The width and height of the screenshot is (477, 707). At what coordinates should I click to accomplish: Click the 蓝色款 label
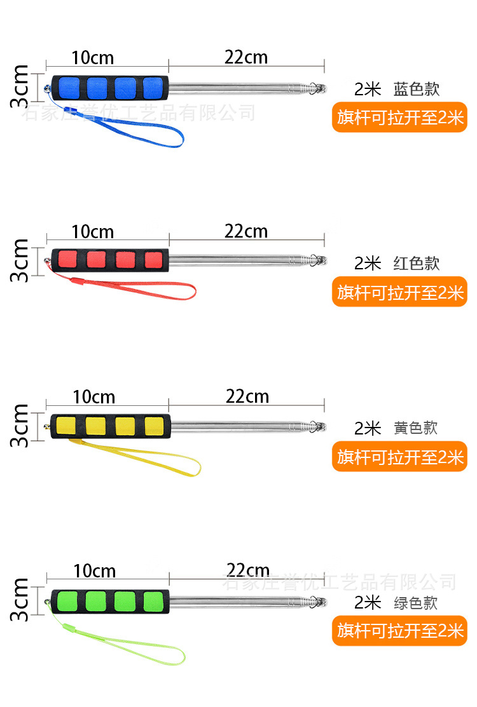point(417,89)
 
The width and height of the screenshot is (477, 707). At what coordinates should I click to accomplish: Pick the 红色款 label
point(417,263)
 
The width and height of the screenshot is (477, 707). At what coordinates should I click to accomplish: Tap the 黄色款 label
point(416,428)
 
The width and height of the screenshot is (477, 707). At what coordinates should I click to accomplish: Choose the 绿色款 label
point(416,602)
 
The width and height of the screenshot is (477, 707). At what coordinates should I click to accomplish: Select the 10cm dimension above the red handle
point(93,231)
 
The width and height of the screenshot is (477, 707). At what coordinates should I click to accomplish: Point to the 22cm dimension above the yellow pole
point(247,397)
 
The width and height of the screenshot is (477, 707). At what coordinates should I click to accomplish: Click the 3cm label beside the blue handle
point(20,87)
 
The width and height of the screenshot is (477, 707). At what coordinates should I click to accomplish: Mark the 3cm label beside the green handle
point(20,600)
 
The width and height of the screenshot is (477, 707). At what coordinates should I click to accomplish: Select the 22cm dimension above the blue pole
point(246,58)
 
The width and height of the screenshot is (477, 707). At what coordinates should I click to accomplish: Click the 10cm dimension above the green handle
point(94,571)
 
